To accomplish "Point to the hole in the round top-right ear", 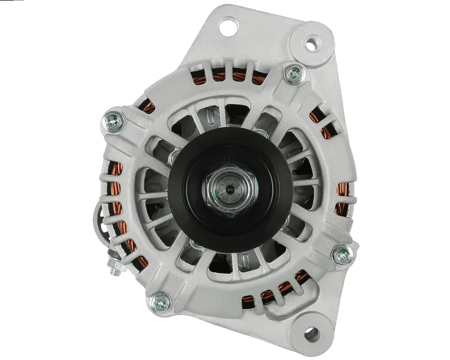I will [x=310, y=43].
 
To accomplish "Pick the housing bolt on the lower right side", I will [x=343, y=254].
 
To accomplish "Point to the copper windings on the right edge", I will [x=342, y=198].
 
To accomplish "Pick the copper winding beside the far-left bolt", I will [x=147, y=107].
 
